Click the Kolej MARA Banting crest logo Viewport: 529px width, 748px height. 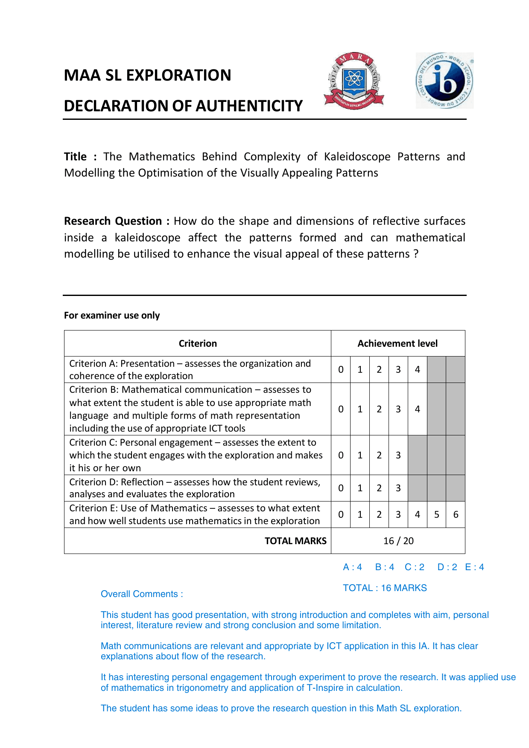354,81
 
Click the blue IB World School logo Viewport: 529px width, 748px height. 444,81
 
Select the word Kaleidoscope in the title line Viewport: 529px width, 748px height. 357,157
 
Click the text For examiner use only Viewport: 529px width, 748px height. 112,316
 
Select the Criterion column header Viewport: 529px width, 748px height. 198,343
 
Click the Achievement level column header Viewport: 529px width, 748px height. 397,343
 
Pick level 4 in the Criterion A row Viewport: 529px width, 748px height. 417,369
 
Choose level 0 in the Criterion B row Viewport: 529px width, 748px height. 341,409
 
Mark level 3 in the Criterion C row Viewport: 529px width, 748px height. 398,455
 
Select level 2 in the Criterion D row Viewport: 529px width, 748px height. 379,488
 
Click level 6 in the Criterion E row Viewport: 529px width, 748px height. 456,514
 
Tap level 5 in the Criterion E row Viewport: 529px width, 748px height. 436,514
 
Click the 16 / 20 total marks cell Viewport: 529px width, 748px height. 398,541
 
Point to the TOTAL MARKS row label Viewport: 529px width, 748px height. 295,541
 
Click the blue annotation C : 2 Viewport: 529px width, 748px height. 415,567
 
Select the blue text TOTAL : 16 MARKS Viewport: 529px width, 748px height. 385,588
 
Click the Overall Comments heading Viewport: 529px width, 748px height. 142,594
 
